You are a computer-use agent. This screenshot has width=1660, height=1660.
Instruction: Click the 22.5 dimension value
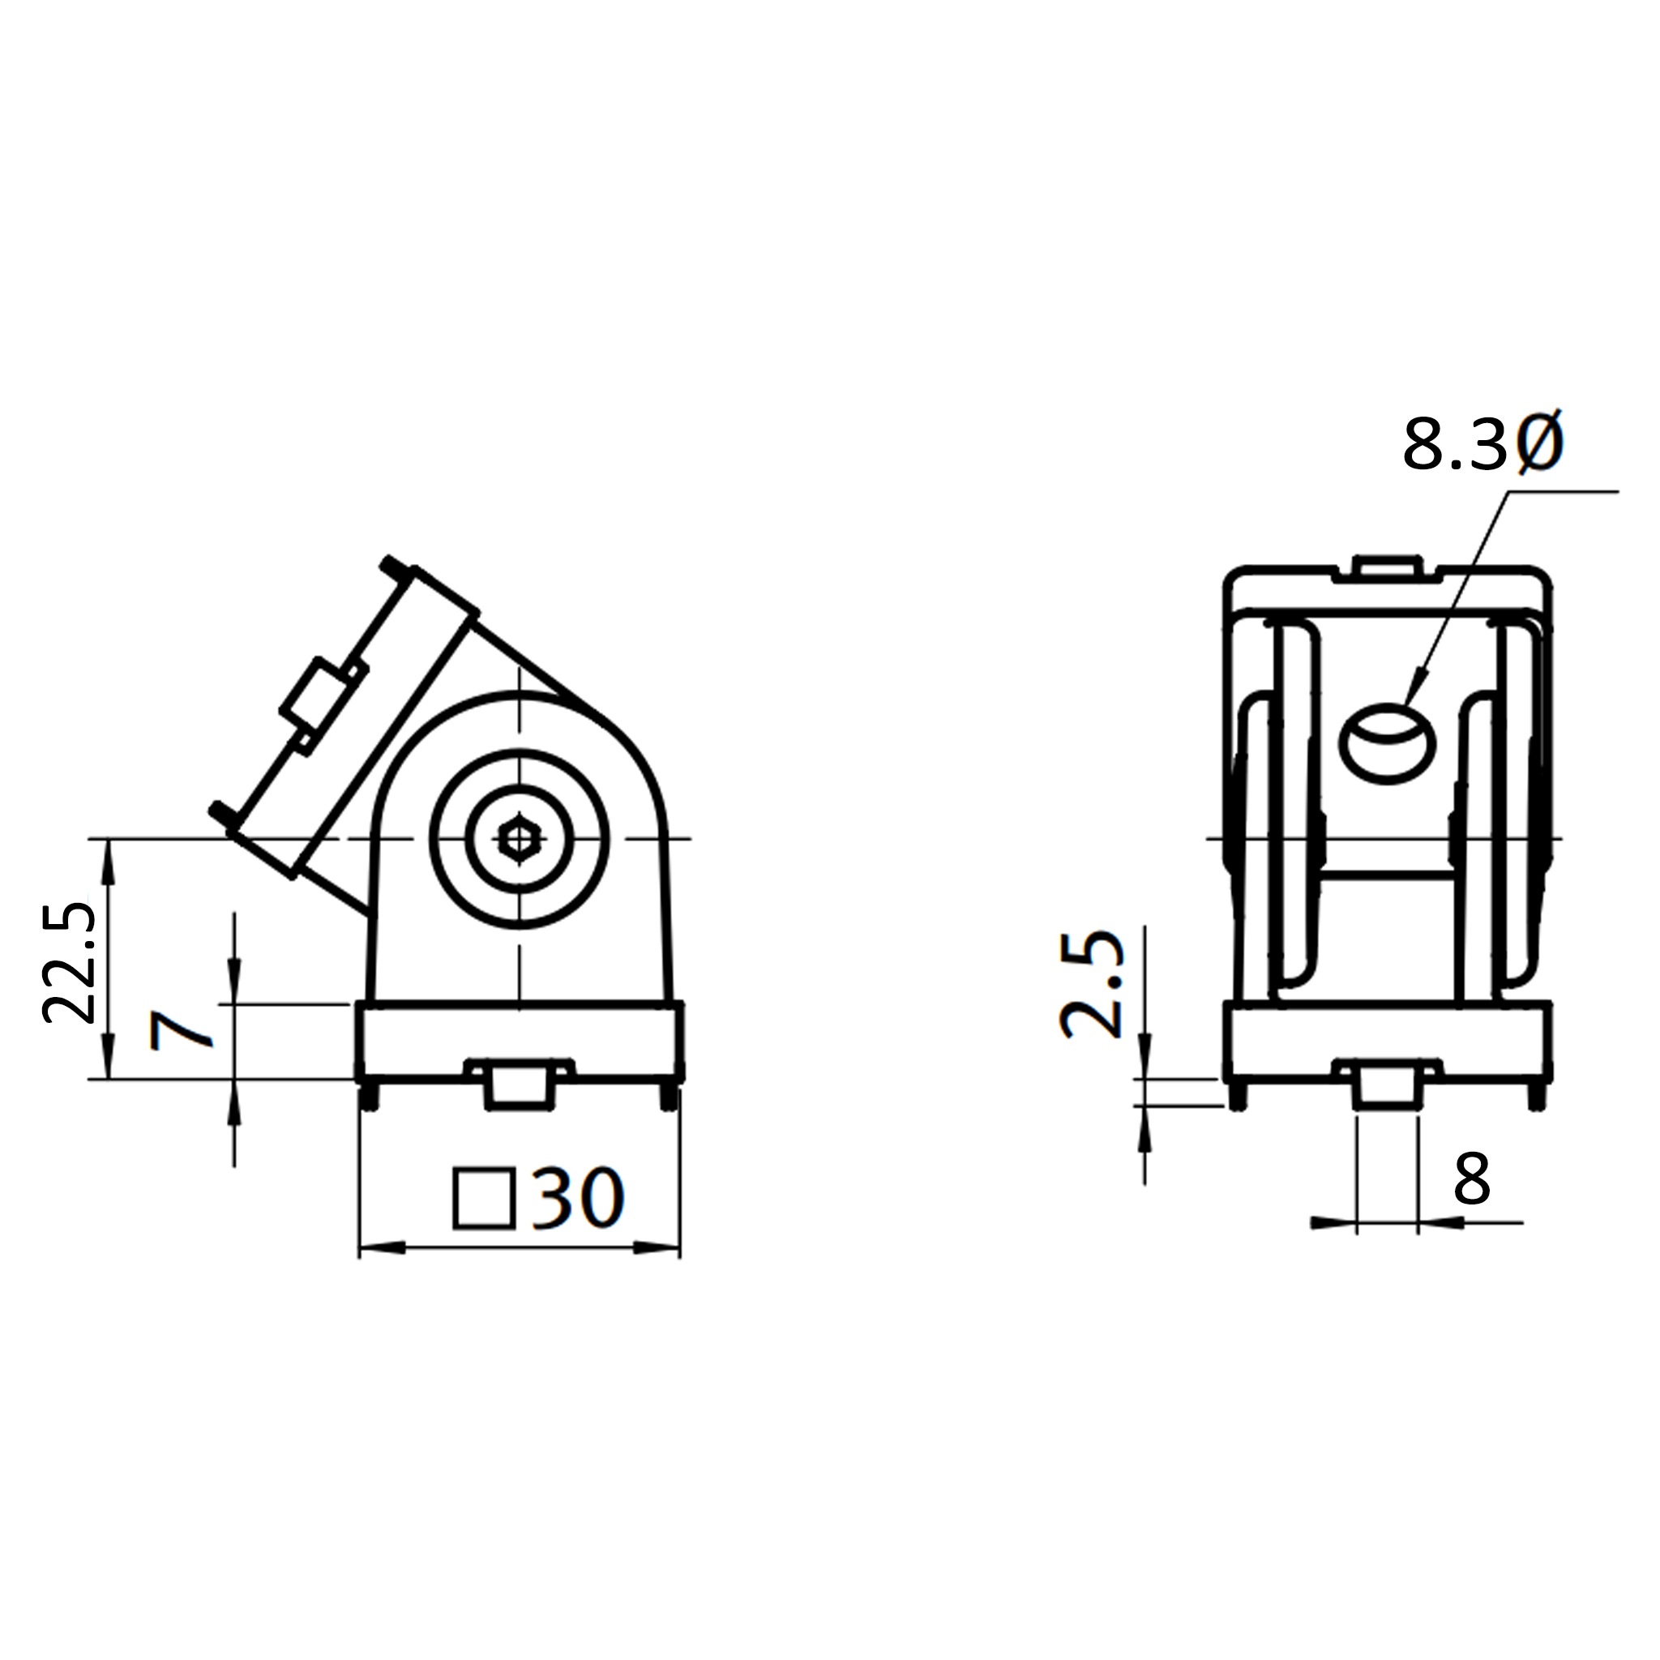click(x=70, y=962)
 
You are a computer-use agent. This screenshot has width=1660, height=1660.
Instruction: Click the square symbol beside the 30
click(x=484, y=1199)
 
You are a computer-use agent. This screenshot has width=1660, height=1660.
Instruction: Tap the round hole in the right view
click(x=1388, y=744)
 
